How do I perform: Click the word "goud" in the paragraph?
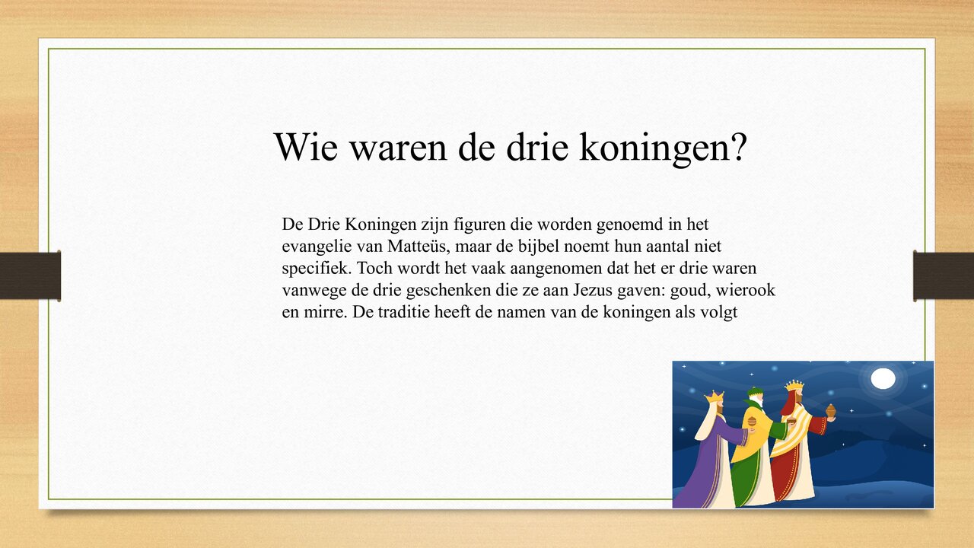tap(657, 291)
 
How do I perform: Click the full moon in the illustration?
tap(883, 378)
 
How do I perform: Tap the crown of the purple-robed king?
tap(715, 397)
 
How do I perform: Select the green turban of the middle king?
tap(754, 393)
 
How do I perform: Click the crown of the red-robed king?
tap(794, 385)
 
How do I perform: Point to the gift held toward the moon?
tap(831, 411)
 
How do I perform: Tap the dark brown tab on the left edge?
tap(30, 276)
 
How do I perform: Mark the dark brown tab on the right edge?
tap(944, 276)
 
